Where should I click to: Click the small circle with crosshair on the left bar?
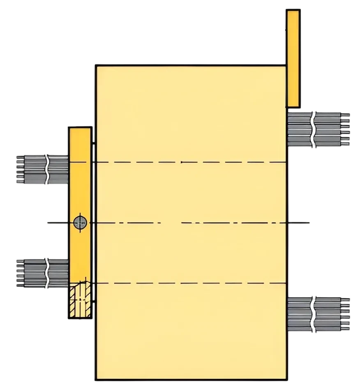(x=81, y=223)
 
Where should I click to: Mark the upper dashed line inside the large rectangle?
(x=191, y=162)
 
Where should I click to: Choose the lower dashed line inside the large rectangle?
(x=191, y=283)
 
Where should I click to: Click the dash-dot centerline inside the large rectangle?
(x=191, y=223)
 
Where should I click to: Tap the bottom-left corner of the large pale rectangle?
(x=97, y=378)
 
